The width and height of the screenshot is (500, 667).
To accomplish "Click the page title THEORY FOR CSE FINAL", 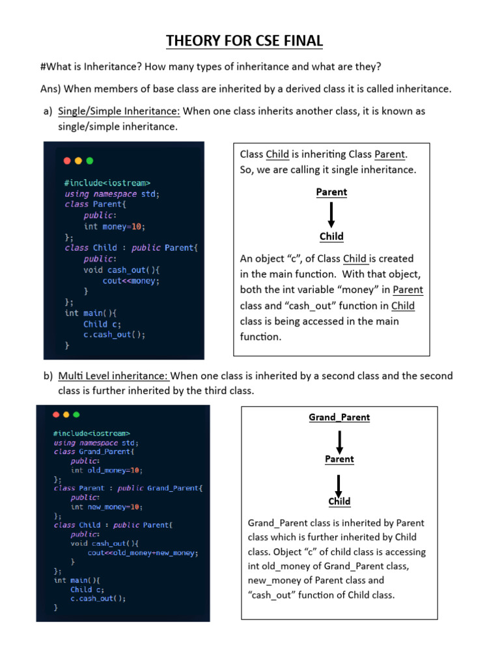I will (x=244, y=41).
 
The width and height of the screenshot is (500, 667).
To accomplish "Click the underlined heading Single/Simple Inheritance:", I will (x=119, y=111).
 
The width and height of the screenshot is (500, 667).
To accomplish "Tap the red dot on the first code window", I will (x=66, y=160).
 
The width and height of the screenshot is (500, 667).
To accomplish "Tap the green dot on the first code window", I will (x=90, y=160).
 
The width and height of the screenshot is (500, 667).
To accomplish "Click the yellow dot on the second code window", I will (x=66, y=414).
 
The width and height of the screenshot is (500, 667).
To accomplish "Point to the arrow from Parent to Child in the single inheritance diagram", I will (x=331, y=214).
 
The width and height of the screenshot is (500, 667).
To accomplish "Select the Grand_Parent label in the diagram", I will (x=339, y=418).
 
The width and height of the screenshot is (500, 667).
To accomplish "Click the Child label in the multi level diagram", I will (x=339, y=502).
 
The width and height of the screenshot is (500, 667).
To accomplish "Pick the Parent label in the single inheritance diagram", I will (x=331, y=192).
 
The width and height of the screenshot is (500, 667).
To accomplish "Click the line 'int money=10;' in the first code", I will (x=115, y=226).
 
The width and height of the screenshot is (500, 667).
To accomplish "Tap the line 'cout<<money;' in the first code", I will (x=131, y=281).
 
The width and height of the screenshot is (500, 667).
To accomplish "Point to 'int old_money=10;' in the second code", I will (x=106, y=470).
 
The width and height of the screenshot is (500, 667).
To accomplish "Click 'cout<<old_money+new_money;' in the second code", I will (x=143, y=552).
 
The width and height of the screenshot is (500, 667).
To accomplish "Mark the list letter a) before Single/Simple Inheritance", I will (x=48, y=111).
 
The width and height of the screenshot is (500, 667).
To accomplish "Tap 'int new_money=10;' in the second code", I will (x=106, y=506).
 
